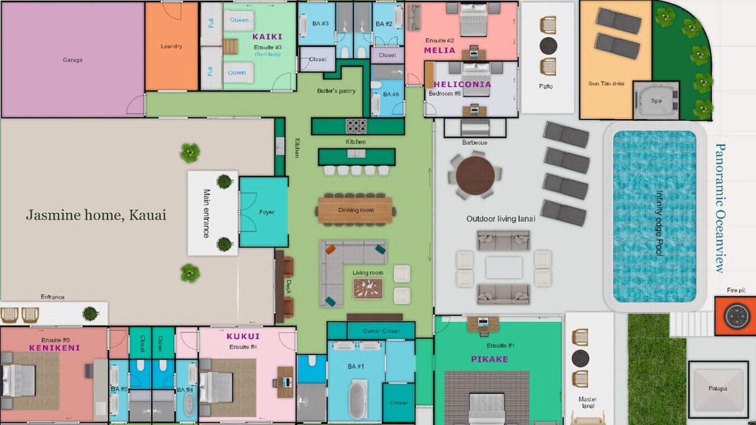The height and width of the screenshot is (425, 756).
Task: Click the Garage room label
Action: [x=73, y=60]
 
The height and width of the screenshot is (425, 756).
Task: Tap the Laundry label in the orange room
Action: [x=171, y=46]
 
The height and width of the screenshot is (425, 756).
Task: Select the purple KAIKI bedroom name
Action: [x=268, y=37]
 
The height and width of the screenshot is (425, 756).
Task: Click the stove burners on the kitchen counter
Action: [x=356, y=126]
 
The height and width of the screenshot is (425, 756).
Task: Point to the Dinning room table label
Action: [x=356, y=210]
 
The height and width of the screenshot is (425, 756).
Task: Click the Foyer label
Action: [x=266, y=212]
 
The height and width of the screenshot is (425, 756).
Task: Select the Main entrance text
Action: [x=207, y=213]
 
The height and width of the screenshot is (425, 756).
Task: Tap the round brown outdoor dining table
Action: [x=475, y=175]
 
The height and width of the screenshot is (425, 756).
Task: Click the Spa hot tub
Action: [x=656, y=100]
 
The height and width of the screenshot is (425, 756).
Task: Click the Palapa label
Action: [x=718, y=388]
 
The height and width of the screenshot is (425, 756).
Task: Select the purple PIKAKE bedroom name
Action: [x=490, y=359]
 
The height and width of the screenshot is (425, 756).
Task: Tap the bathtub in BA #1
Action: [x=358, y=400]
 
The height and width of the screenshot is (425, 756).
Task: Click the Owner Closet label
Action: [x=382, y=331]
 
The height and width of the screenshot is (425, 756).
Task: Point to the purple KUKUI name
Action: [x=243, y=336]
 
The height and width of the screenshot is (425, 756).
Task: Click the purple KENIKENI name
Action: [x=54, y=348]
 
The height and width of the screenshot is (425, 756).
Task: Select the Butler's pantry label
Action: [x=336, y=91]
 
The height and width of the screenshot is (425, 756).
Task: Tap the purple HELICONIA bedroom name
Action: [x=462, y=84]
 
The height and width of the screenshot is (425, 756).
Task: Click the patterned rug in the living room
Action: [x=368, y=289]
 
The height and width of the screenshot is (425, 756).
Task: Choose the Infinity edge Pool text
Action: [x=659, y=223]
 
